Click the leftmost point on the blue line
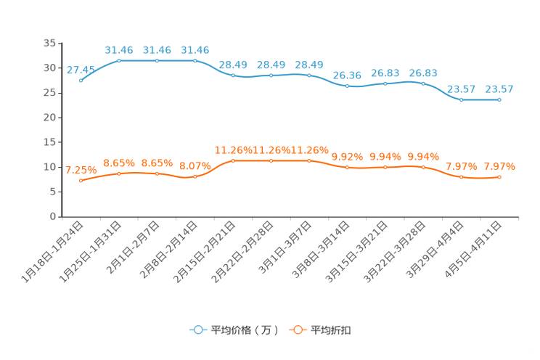(x=81, y=80)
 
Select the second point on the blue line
(x=119, y=60)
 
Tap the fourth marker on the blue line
(x=195, y=60)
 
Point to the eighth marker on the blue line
(x=348, y=86)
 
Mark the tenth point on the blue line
(x=424, y=83)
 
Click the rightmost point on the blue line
(x=499, y=100)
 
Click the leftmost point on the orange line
(x=81, y=181)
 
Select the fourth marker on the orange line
(x=195, y=176)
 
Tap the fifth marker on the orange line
(x=233, y=160)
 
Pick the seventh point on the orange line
(x=309, y=160)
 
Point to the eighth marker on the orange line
(x=348, y=167)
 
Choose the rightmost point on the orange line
(x=499, y=176)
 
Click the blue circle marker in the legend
(x=197, y=330)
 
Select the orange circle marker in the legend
(x=298, y=330)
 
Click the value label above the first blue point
(x=80, y=70)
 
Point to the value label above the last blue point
(x=499, y=89)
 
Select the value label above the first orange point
(x=80, y=170)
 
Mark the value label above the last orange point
(x=499, y=166)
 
